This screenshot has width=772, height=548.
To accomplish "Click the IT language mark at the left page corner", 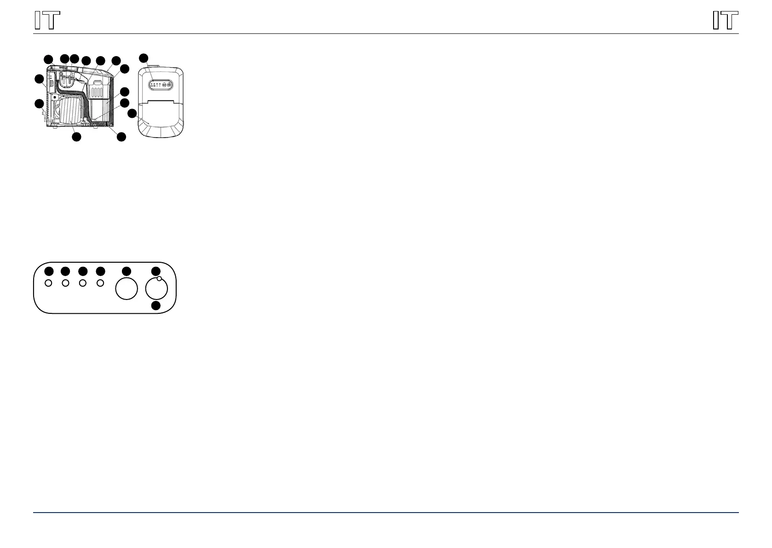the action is point(47,21).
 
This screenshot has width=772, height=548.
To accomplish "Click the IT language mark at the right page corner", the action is point(726,21).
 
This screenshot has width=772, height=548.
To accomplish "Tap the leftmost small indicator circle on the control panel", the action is point(48,283).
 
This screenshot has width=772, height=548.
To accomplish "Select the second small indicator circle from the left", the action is point(66,283).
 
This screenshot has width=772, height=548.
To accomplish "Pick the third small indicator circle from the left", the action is point(83,283).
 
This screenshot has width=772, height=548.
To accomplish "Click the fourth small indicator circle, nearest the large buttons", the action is point(100,283).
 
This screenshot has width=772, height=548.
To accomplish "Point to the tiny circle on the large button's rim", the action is point(159,279).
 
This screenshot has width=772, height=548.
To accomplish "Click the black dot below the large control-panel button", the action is point(156,306).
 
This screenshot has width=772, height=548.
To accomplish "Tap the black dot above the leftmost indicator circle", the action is point(49,271).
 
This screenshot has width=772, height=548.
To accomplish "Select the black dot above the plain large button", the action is point(126,271).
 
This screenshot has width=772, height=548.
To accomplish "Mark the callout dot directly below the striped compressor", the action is point(77,137).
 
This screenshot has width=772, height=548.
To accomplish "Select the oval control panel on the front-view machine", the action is point(161,85).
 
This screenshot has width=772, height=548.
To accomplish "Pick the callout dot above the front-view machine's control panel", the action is point(144,58).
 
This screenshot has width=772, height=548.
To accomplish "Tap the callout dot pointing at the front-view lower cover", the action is point(132,113).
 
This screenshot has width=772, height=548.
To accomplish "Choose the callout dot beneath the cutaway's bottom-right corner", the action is point(121,137).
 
